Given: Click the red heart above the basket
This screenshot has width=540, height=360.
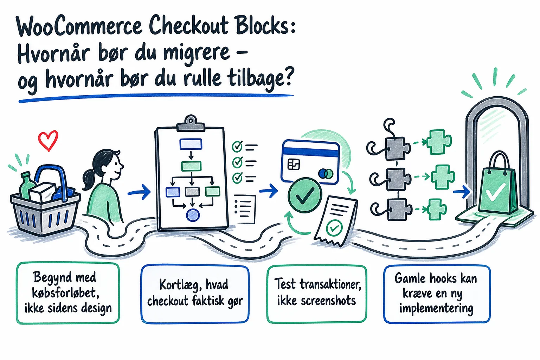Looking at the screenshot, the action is (x=48, y=141).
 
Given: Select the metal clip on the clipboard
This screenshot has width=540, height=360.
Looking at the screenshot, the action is (x=191, y=124).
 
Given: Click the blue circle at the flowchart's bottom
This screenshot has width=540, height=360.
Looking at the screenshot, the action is (x=193, y=215).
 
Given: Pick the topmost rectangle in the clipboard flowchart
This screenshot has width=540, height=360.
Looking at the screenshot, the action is (x=191, y=144).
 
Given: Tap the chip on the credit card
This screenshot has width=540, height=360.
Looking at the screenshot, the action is (x=294, y=165).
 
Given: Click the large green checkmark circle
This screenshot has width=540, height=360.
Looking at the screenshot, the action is (x=305, y=195).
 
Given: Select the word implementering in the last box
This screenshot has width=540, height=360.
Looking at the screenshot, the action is (x=436, y=309).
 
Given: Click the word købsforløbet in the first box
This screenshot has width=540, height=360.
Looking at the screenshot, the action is (x=66, y=293).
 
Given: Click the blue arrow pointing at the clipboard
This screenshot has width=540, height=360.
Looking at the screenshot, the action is (x=139, y=192).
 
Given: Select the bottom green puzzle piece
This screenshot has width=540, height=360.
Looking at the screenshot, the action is (x=437, y=209).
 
